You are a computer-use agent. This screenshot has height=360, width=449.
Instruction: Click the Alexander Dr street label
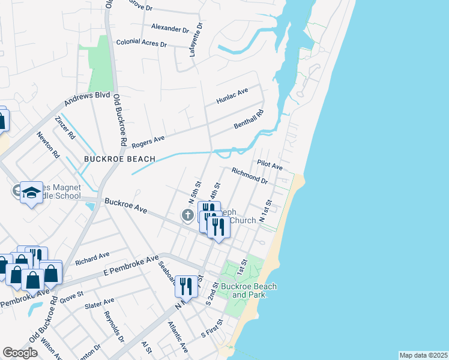coord(170,28)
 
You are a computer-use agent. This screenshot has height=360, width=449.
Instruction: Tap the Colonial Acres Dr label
coord(141,43)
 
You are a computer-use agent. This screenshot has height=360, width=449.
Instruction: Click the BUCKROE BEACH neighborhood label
coord(119,159)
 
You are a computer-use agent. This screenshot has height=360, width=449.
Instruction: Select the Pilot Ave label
coord(270,164)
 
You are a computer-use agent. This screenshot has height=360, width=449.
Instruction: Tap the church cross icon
coord(188,215)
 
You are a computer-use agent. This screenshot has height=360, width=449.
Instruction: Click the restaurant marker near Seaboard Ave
coord(186,286)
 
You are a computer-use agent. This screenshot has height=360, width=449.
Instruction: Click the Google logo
coord(20,353)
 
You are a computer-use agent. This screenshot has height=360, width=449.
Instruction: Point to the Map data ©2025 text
coord(423,355)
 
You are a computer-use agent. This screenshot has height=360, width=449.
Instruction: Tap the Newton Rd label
coord(48,146)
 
